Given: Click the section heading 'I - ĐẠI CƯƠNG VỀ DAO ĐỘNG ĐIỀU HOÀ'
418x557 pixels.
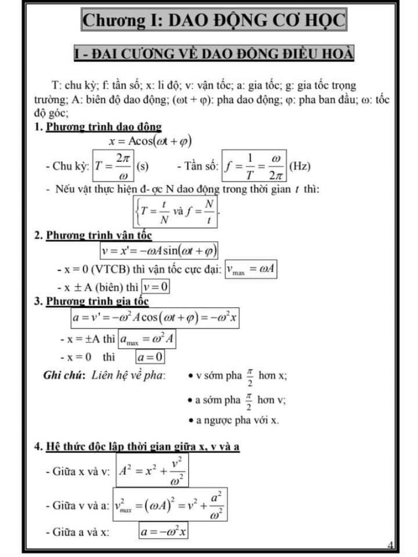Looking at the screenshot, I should (x=214, y=53).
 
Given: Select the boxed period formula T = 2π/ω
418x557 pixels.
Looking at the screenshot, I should (x=112, y=167).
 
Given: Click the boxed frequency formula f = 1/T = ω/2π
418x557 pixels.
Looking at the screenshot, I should (x=255, y=167).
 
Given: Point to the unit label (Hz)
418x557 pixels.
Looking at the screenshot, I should (x=299, y=167).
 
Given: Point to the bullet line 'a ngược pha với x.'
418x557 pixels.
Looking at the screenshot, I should (x=233, y=421).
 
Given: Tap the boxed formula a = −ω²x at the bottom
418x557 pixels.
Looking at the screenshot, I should (x=164, y=532).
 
